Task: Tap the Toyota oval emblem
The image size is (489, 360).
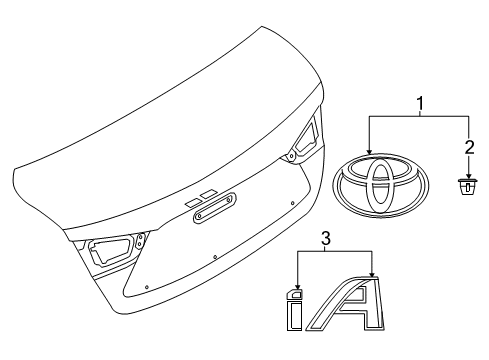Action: [379, 190]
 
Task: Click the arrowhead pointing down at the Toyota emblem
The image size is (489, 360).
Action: [370, 154]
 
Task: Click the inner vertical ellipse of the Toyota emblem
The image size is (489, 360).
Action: [379, 190]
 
